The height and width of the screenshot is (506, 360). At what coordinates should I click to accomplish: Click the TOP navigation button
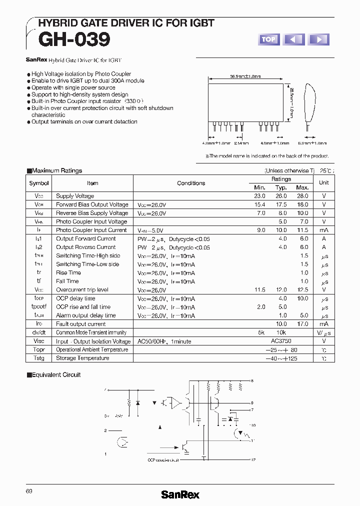268,39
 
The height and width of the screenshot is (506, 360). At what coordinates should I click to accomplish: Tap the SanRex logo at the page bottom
180,494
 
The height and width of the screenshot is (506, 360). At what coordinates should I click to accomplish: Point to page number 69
29,491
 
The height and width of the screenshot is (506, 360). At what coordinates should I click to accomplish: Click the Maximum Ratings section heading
56,170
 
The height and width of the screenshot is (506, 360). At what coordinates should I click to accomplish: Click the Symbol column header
39,183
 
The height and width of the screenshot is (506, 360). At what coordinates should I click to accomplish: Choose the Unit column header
324,183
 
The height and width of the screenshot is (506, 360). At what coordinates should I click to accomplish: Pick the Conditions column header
191,183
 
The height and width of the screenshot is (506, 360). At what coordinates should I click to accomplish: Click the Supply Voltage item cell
75,196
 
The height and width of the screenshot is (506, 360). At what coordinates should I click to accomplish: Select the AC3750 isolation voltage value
281,341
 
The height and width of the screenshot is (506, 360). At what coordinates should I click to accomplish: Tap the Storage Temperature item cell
82,358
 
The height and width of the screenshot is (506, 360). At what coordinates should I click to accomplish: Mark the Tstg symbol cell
39,358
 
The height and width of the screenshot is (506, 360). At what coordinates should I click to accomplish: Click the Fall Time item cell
67,281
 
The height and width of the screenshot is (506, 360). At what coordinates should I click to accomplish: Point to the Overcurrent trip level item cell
82,289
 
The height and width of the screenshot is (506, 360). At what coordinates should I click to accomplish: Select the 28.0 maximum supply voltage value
302,196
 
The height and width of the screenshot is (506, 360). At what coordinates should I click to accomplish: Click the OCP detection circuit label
163,460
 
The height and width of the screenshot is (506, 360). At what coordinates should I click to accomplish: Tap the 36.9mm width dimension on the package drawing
245,77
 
